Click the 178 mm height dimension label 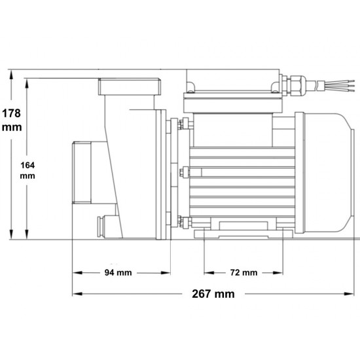click(x=12, y=120)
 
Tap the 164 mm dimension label click(x=27, y=170)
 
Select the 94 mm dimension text click(x=118, y=272)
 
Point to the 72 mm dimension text click(x=243, y=272)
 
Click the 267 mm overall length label click(x=213, y=294)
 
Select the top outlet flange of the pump click(x=130, y=86)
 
